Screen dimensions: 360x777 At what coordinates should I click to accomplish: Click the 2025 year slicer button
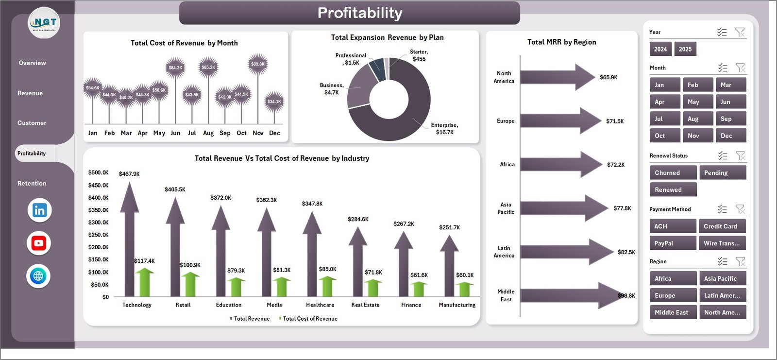(685, 49)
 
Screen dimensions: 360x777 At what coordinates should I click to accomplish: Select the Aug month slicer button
(698, 119)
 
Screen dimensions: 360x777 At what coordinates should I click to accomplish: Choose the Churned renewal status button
(673, 173)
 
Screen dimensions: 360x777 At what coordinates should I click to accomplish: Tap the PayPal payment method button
(673, 243)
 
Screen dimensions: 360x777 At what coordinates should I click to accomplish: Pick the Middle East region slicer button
(673, 312)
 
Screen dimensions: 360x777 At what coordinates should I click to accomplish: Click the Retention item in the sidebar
(32, 184)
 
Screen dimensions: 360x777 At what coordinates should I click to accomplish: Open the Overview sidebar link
(33, 63)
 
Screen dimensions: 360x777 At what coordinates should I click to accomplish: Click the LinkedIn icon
(39, 210)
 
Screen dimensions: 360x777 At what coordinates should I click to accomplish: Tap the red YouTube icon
(39, 243)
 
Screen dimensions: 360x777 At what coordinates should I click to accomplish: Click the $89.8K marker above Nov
(258, 64)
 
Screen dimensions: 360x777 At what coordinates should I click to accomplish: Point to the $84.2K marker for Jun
(175, 68)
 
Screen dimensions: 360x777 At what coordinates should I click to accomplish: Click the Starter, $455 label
(419, 55)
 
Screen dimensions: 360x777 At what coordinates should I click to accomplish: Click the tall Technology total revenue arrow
(129, 243)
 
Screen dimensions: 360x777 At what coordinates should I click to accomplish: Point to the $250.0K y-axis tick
(98, 235)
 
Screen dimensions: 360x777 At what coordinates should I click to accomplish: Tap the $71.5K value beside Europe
(615, 121)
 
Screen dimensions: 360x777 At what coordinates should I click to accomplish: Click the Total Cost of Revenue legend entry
(309, 319)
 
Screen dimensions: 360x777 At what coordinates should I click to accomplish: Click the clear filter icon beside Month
(741, 68)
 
